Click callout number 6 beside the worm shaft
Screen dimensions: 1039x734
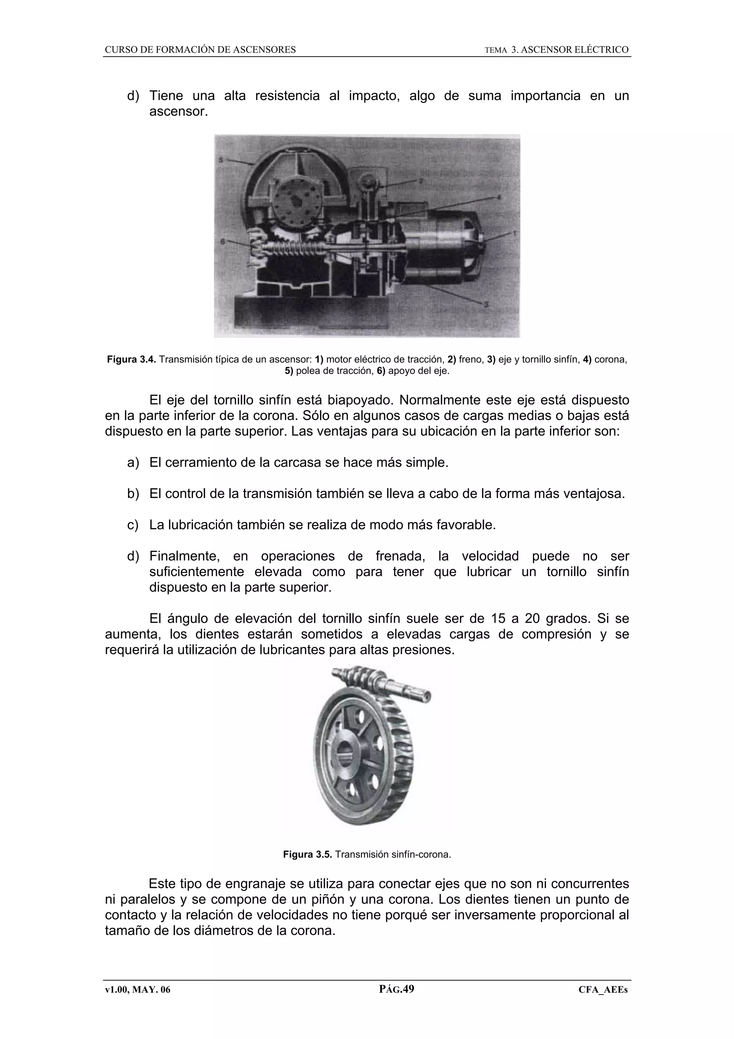pyautogui.click(x=222, y=242)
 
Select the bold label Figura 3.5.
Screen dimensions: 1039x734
pyautogui.click(x=308, y=854)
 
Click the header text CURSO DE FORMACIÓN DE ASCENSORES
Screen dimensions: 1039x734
pyautogui.click(x=200, y=50)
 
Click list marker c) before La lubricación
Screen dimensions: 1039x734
pyautogui.click(x=133, y=525)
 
